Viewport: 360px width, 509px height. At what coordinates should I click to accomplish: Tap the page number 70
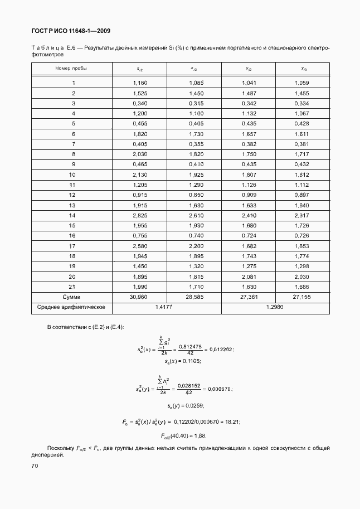pos(35,465)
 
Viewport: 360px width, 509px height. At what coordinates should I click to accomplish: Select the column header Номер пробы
pos(71,68)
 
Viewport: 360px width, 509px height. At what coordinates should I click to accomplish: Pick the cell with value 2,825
pos(140,215)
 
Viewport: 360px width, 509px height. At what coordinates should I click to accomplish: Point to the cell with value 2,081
pos(249,277)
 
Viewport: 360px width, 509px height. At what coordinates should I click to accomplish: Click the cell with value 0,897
pos(301,195)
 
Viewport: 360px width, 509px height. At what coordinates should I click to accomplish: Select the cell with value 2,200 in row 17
pos(194,246)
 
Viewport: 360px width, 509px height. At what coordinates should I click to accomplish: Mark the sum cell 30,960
pos(140,297)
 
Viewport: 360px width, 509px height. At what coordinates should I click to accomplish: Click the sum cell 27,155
pos(301,297)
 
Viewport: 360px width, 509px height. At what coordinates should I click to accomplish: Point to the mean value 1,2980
pos(275,307)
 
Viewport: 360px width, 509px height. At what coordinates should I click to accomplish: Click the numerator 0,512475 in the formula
pos(191,346)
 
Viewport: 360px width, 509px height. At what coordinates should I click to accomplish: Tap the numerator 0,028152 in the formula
pos(189,384)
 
